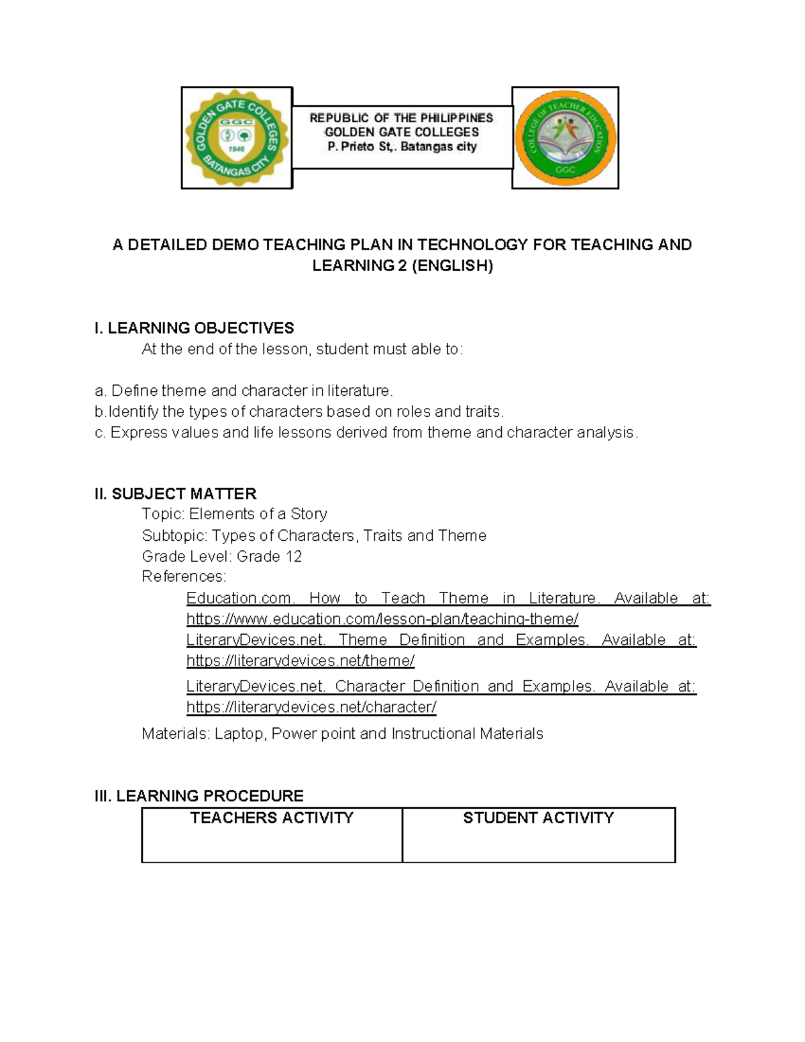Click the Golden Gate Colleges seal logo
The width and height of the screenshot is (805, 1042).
click(237, 138)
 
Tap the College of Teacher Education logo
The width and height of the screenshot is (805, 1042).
click(565, 138)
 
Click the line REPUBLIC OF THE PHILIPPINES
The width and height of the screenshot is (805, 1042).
click(401, 117)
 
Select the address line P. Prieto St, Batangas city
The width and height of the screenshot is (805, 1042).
click(401, 147)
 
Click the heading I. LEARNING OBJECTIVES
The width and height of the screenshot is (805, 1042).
click(195, 328)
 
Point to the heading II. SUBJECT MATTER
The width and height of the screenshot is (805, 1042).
click(176, 494)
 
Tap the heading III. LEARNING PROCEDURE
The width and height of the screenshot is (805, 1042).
click(199, 796)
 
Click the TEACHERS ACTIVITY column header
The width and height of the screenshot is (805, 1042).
click(272, 818)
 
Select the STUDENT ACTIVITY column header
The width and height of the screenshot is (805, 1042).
click(538, 818)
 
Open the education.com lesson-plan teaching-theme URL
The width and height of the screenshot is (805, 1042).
click(382, 619)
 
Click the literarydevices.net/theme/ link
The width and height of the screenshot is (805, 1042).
click(301, 661)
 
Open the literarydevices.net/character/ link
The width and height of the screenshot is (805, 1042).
click(311, 707)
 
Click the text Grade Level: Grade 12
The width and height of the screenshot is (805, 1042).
click(222, 556)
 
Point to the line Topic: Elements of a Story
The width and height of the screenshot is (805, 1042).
click(235, 514)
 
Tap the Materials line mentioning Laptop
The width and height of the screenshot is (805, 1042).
click(342, 734)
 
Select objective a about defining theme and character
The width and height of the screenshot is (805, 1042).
click(244, 390)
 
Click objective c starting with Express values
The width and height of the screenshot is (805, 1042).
click(366, 433)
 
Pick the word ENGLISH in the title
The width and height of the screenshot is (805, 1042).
click(452, 266)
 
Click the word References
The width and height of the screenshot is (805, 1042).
click(184, 576)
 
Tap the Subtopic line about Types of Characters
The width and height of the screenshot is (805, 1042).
click(314, 535)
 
